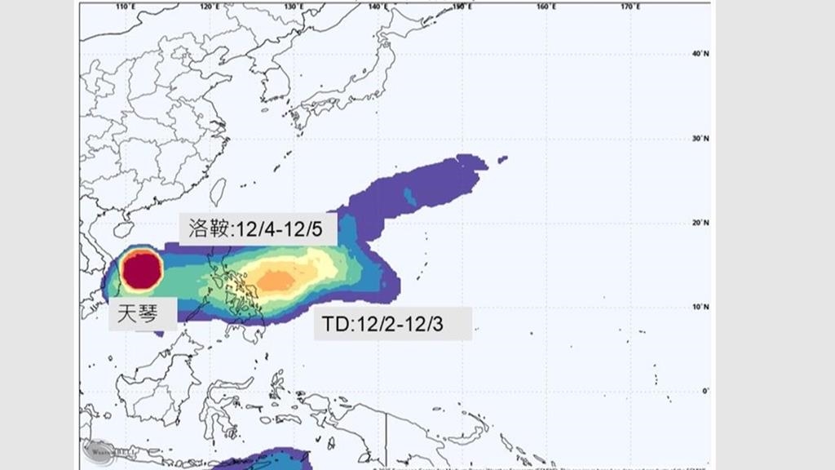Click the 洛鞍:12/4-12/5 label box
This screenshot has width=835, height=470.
[258, 229]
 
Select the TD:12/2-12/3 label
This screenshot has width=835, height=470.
[392, 324]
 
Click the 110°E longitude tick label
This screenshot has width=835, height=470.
[126, 7]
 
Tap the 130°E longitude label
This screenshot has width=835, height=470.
[294, 7]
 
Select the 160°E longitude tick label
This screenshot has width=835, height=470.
[546, 7]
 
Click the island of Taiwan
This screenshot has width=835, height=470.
[218, 193]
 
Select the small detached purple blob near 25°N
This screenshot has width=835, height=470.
[502, 159]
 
